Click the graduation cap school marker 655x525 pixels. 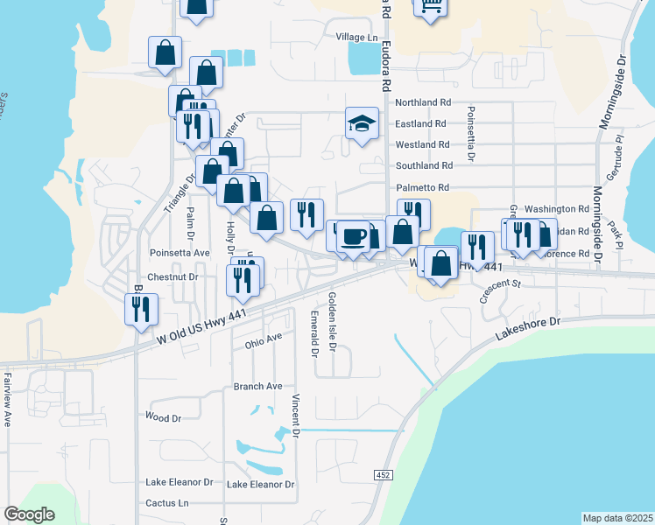pos(360,123)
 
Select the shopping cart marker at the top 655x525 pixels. pos(430,5)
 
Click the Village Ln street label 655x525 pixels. pos(356,38)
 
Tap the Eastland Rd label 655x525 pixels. pos(422,124)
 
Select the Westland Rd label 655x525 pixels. pos(423,144)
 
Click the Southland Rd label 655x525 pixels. pos(424,165)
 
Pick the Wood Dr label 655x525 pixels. pos(163,417)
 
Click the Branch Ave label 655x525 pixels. pos(257,386)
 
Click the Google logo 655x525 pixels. pos(30,514)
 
